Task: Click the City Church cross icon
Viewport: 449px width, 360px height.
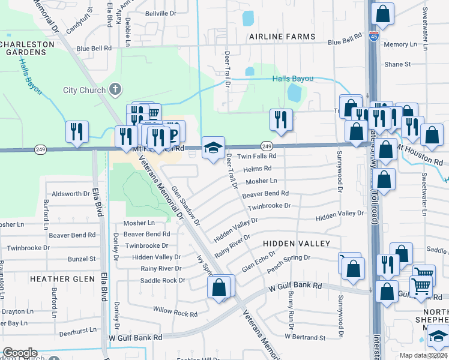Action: click(x=116, y=90)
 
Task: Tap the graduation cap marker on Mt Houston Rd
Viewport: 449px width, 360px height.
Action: click(x=212, y=148)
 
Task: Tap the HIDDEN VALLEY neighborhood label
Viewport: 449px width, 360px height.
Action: click(x=296, y=244)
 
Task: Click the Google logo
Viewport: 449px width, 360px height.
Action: click(x=20, y=353)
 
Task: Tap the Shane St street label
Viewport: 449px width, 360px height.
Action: click(x=397, y=64)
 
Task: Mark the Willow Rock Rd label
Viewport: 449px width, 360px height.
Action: click(x=175, y=313)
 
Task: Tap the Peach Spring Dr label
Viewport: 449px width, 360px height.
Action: click(x=289, y=262)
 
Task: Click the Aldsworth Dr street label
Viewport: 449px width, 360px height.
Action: click(x=71, y=194)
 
